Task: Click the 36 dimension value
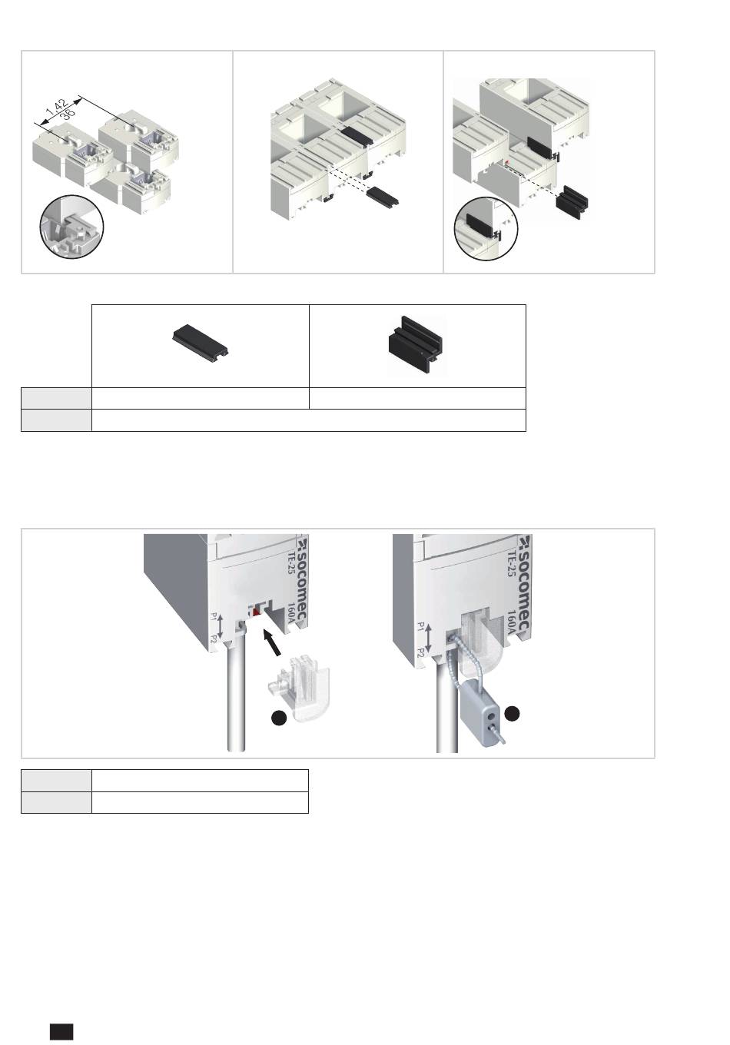click(x=68, y=114)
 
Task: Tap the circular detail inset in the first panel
click(x=71, y=227)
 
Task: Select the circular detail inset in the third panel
click(x=486, y=229)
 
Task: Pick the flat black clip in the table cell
click(x=200, y=340)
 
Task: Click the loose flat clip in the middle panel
click(x=382, y=196)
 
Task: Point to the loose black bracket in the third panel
click(x=572, y=201)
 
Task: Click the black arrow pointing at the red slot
click(x=273, y=642)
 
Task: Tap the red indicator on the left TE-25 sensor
click(x=256, y=611)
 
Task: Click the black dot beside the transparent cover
click(x=279, y=718)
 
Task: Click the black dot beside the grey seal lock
click(x=513, y=713)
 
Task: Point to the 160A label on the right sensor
click(x=513, y=623)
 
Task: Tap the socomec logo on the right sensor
click(x=525, y=583)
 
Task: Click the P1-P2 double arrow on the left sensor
click(x=221, y=627)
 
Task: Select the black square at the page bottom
click(x=61, y=1031)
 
